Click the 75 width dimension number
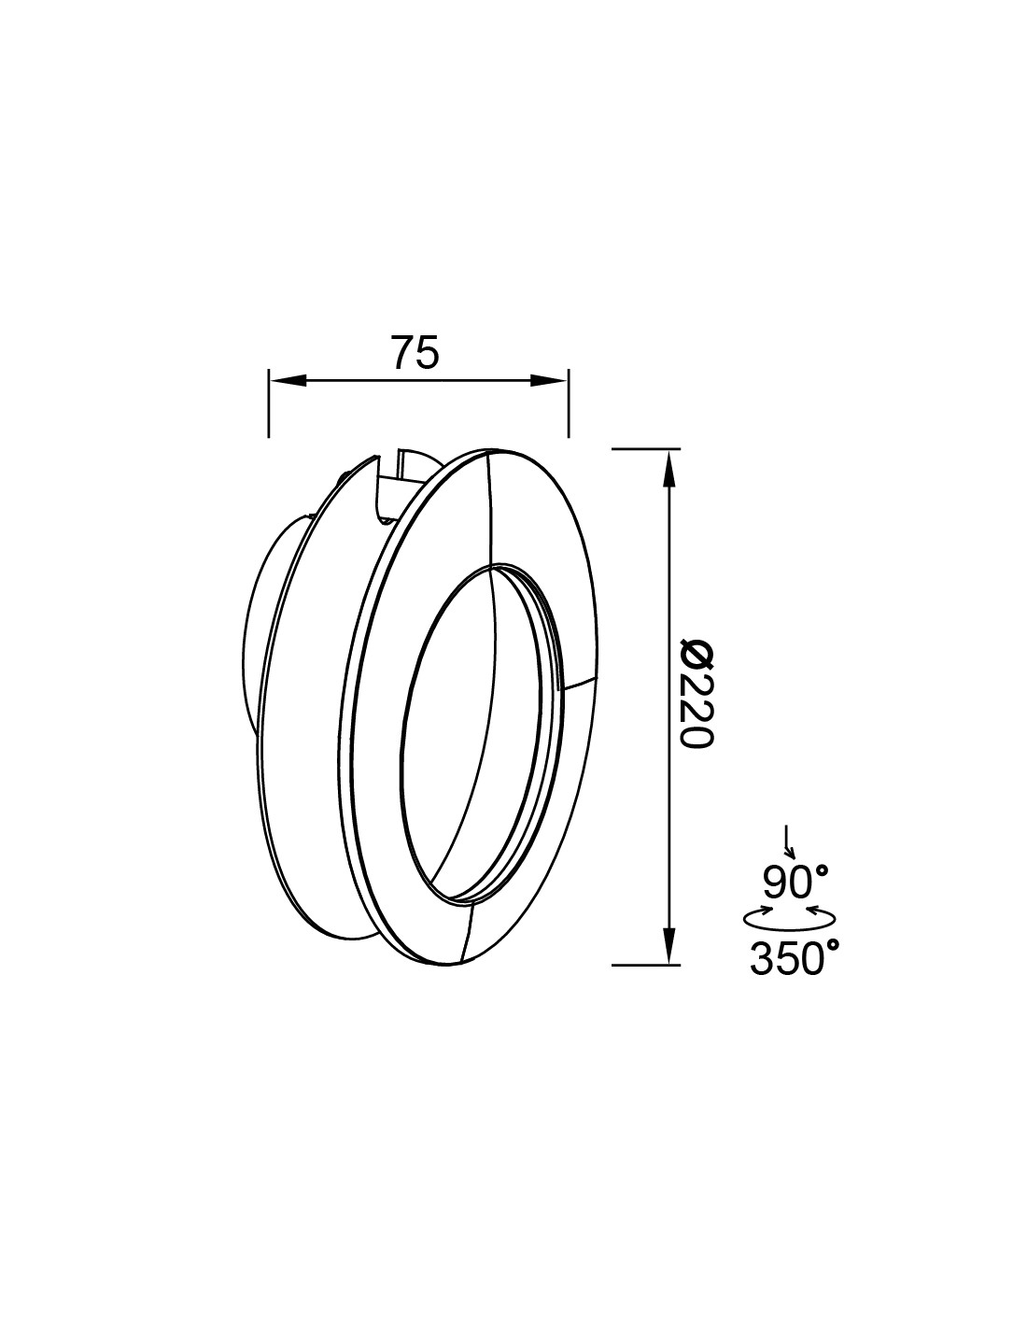[x=415, y=353]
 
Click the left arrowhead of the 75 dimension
[x=286, y=380]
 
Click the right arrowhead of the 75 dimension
[x=550, y=380]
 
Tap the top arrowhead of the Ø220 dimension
[x=668, y=467]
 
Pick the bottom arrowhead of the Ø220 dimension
[x=668, y=945]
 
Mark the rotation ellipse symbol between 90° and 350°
[x=789, y=919]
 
